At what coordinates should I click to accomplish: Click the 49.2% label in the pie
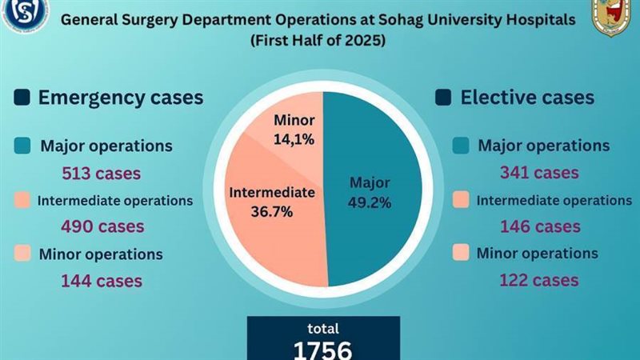(370, 202)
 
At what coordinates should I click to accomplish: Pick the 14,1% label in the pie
(295, 138)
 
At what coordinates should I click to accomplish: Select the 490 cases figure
(102, 226)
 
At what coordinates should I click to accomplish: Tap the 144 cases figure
(102, 280)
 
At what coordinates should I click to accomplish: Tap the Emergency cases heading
(121, 98)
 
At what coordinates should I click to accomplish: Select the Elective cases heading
(527, 98)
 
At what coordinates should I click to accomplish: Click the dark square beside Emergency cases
(22, 98)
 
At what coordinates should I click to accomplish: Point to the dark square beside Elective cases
(442, 98)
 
